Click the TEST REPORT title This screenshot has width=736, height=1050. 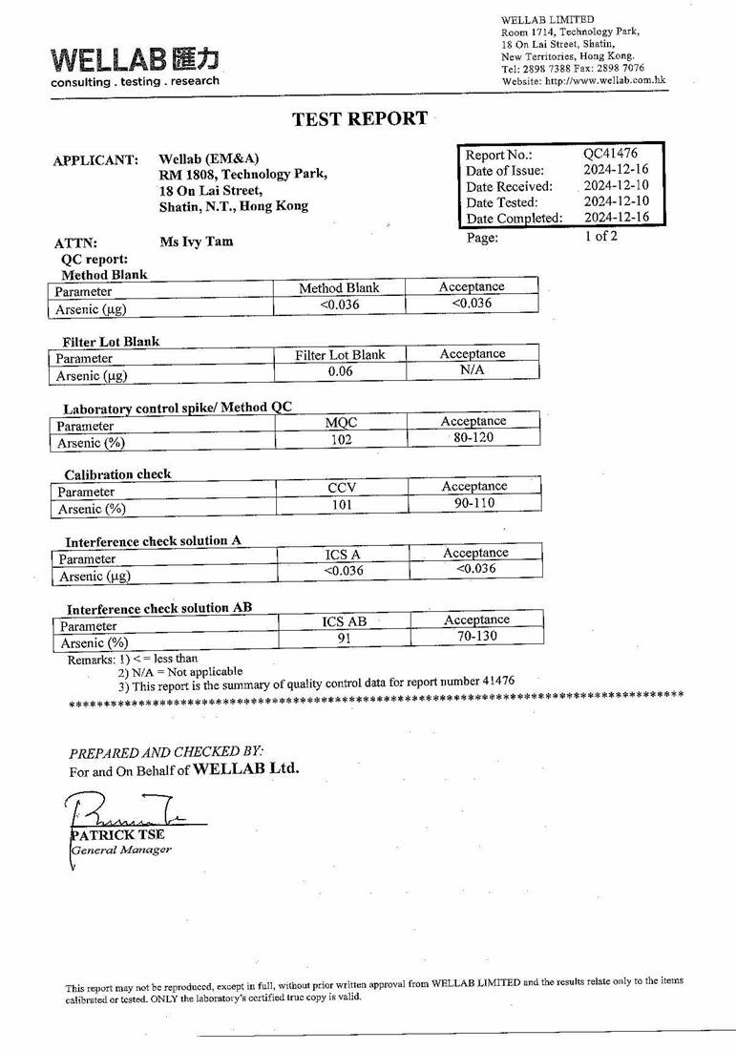[x=360, y=118]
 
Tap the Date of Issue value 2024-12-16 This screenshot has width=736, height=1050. [x=616, y=170]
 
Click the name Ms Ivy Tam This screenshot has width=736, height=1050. [x=196, y=241]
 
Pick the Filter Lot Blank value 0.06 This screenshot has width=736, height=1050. [x=340, y=371]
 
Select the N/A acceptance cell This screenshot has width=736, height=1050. [x=472, y=370]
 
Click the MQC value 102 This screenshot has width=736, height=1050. [x=341, y=439]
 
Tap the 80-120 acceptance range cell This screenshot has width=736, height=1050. [x=473, y=437]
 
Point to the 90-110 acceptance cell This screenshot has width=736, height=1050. [x=473, y=502]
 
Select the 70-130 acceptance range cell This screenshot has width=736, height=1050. [x=476, y=636]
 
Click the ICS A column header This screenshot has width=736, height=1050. [x=343, y=554]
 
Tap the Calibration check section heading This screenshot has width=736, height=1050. [x=117, y=474]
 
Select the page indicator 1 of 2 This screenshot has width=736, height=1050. [x=600, y=236]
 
